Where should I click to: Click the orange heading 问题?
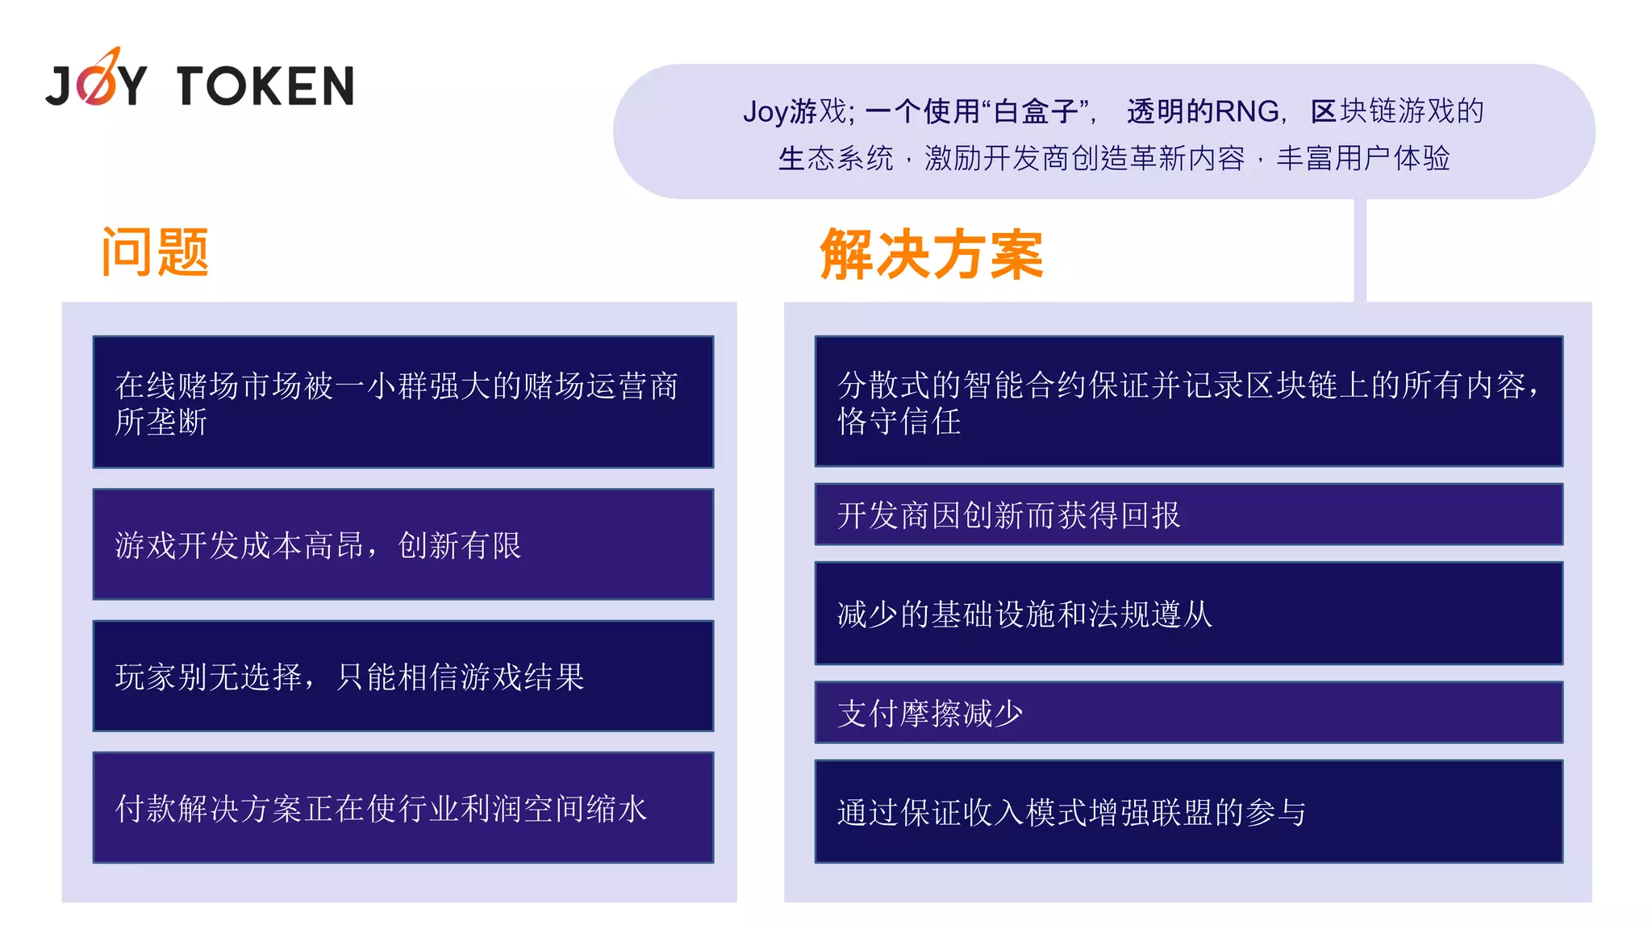(x=155, y=252)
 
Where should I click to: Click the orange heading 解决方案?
(x=932, y=255)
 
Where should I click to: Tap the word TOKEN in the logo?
(x=265, y=86)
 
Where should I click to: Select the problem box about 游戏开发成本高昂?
(x=403, y=544)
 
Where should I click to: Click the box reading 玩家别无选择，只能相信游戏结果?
(x=403, y=676)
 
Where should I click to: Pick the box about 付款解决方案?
(x=403, y=807)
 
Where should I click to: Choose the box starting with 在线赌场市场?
(x=403, y=402)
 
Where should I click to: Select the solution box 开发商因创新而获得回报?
(x=1188, y=514)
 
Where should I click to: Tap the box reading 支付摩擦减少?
(x=1188, y=713)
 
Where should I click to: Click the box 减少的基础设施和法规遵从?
(x=1188, y=614)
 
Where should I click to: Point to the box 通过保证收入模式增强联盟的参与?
(x=1188, y=811)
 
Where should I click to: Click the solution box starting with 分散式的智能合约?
(x=1188, y=401)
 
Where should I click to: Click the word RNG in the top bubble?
(x=1247, y=111)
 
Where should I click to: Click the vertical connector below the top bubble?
(x=1360, y=250)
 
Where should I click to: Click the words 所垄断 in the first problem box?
(x=161, y=422)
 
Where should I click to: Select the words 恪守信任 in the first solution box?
(x=899, y=422)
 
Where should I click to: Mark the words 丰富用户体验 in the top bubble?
(x=1362, y=158)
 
